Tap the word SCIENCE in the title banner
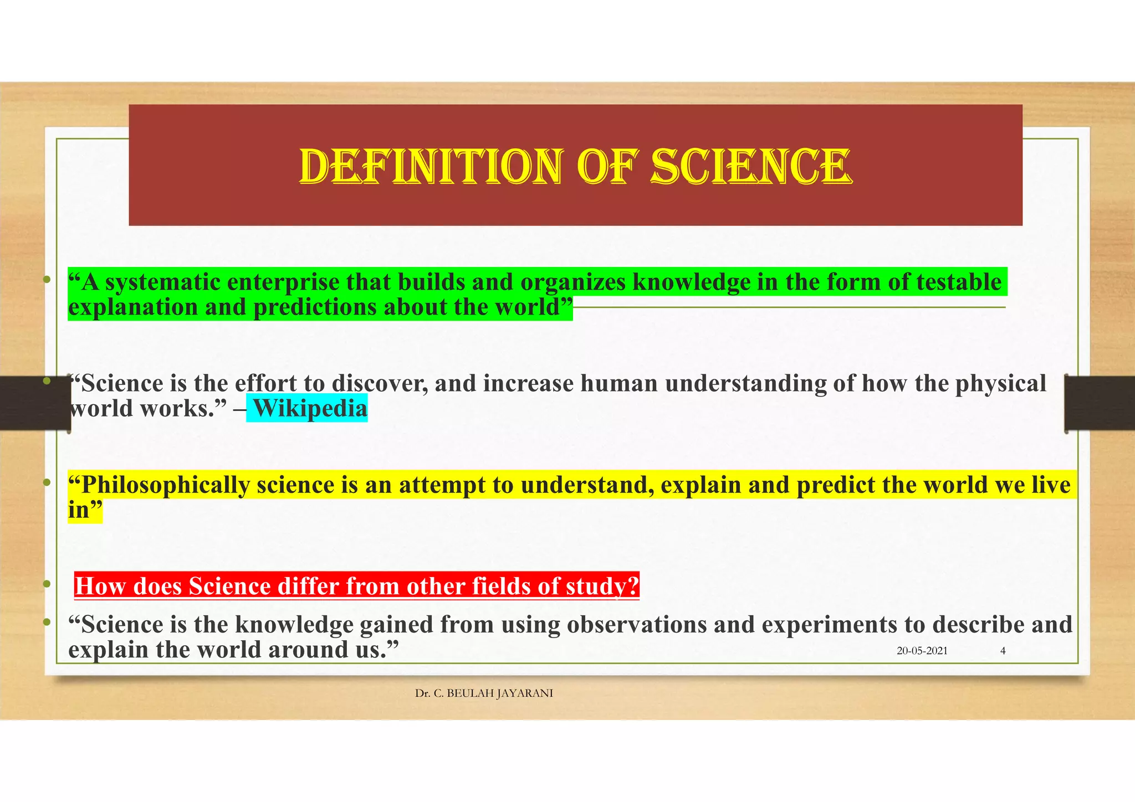point(751,166)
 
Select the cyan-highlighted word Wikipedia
point(310,409)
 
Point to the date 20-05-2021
point(922,651)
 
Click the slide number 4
point(1003,651)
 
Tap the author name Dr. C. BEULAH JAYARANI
point(484,693)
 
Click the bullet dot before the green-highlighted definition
point(47,280)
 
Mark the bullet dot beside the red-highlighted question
point(47,584)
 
